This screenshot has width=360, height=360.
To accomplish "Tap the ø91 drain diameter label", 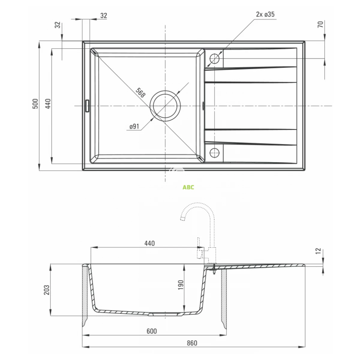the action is coord(134,127).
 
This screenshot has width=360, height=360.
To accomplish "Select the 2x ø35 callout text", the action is coord(265,14).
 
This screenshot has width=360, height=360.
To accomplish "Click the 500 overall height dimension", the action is coord(35,104).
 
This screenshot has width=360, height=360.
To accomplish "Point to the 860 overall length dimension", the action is coord(192,343).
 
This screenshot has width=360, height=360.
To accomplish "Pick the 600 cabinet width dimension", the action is coord(152,331).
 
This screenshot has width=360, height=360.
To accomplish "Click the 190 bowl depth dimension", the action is coord(181,285).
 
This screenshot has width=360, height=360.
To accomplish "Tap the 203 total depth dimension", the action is coord(47,290).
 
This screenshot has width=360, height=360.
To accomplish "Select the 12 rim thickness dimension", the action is coord(318,251).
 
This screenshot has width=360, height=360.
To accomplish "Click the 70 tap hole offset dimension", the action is coord(320,25).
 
